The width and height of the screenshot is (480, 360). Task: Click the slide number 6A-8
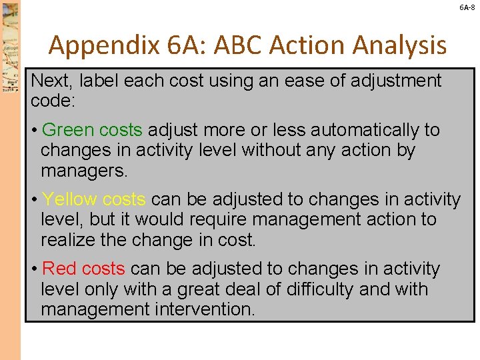click(x=467, y=7)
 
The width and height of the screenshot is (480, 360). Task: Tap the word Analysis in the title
click(x=398, y=45)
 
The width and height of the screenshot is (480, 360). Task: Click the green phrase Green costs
click(x=92, y=129)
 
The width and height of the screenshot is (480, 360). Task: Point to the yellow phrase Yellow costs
click(x=93, y=199)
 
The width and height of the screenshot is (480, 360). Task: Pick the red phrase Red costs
click(x=83, y=269)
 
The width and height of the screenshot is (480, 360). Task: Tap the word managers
click(x=83, y=171)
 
